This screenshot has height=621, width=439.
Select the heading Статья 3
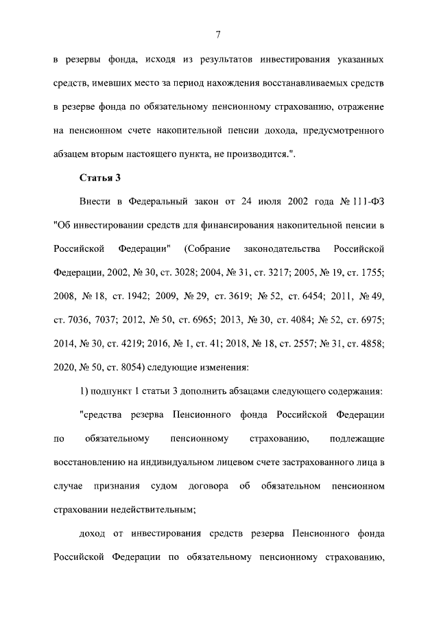tap(100, 178)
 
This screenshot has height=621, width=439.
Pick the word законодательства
tap(282, 246)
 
